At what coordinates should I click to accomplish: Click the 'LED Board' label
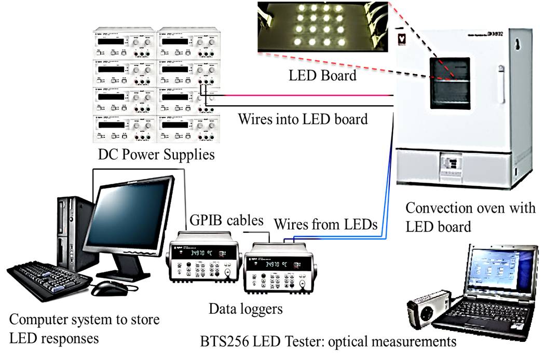322,76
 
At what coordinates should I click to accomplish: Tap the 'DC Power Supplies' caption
156,155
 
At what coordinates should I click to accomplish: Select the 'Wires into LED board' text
303,119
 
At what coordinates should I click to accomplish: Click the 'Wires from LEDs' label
325,225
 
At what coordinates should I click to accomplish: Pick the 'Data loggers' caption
246,309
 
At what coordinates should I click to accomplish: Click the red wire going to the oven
311,95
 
